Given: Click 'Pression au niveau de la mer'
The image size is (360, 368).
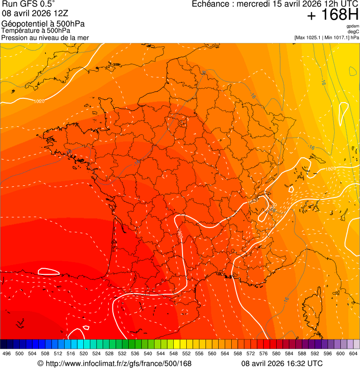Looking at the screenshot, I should point(45,37).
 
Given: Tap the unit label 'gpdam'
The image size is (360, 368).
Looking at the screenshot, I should point(353,26).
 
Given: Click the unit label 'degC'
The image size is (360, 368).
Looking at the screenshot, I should point(353,31).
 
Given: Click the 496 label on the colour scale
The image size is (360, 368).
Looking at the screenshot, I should point(7,353).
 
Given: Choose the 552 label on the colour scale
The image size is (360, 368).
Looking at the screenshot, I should point(186,353).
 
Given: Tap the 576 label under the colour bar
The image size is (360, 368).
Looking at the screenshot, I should point(263,353).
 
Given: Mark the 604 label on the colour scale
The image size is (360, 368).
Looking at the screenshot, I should point(353,353).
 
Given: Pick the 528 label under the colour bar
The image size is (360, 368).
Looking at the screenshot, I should point(109,353).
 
